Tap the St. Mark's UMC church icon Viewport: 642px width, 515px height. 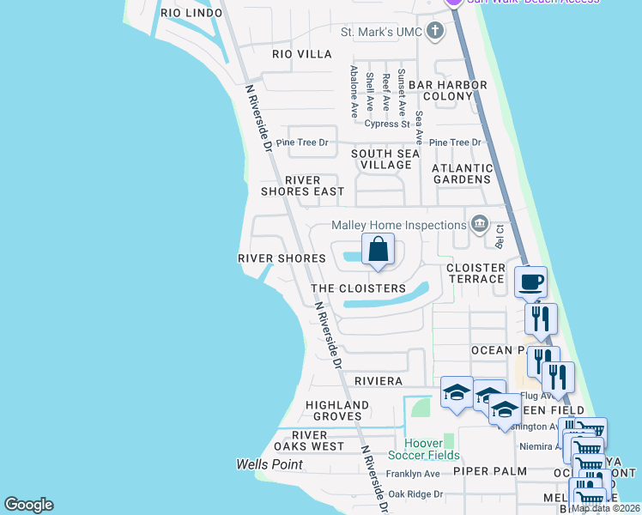(x=435, y=33)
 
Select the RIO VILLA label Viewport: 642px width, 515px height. (x=302, y=54)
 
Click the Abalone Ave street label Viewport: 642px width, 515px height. (x=354, y=93)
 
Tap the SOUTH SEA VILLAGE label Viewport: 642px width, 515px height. (x=385, y=159)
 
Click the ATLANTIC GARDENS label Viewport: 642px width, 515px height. (x=463, y=174)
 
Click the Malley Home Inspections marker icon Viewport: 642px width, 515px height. (x=479, y=225)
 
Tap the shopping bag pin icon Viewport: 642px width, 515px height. (x=378, y=251)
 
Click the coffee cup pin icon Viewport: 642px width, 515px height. (x=530, y=281)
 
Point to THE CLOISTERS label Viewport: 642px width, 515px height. (x=358, y=288)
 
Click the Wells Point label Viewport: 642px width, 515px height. (x=270, y=464)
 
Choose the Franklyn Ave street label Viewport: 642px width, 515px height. (x=413, y=474)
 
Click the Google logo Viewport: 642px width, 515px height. (x=28, y=505)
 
